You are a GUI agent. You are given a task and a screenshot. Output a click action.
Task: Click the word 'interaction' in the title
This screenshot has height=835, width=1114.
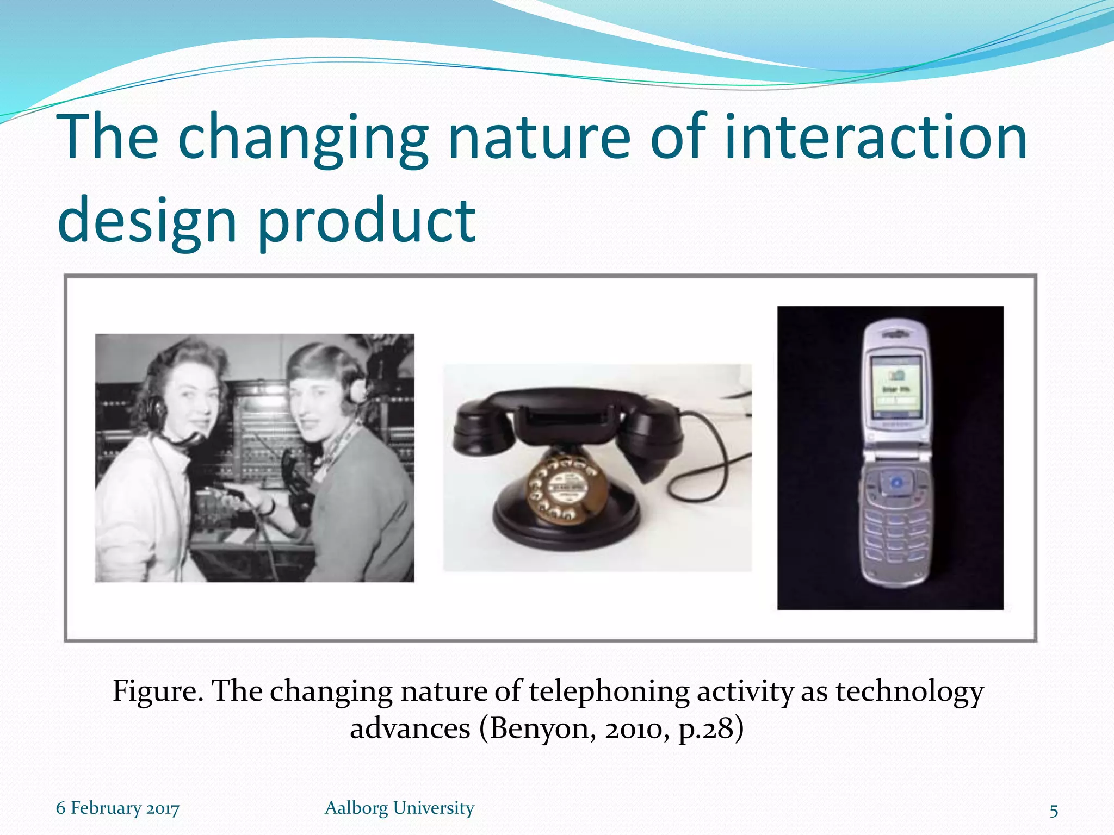(x=876, y=137)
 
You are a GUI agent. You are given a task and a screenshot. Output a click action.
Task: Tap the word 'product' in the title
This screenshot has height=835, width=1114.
(x=367, y=221)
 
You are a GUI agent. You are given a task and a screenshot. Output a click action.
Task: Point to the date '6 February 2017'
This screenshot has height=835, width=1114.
(x=117, y=808)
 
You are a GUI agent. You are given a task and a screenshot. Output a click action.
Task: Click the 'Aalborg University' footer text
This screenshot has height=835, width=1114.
(x=399, y=808)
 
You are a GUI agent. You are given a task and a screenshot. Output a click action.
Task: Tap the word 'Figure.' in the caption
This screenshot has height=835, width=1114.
(x=158, y=692)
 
